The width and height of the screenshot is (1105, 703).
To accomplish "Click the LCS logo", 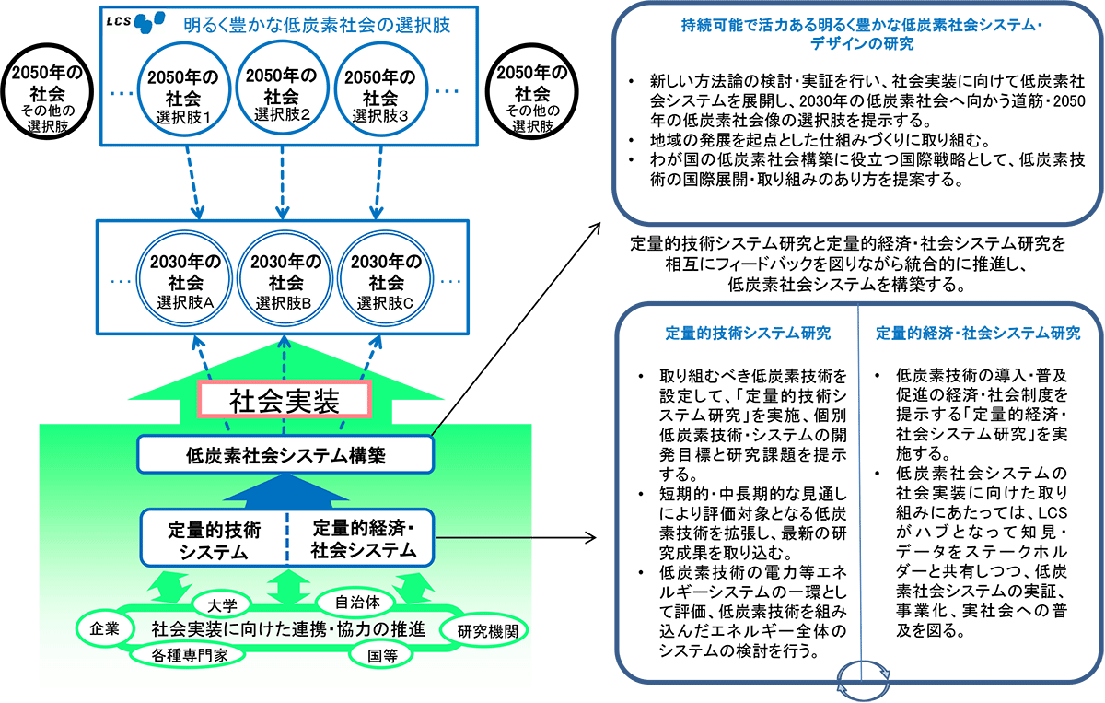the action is [x=135, y=22].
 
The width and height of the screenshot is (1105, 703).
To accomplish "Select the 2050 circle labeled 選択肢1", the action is [x=183, y=90].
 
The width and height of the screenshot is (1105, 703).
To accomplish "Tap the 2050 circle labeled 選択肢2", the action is [x=282, y=88].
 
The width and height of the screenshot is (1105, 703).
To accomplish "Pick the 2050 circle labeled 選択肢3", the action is [x=380, y=89].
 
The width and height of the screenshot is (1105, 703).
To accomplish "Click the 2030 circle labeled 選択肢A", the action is [x=184, y=278].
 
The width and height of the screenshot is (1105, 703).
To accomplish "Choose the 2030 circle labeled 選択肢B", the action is [x=285, y=278].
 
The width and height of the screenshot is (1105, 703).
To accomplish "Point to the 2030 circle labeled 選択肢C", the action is [x=385, y=278].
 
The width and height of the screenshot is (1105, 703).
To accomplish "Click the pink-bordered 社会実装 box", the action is [x=285, y=400].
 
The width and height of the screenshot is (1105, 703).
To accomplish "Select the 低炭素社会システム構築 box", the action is [x=285, y=454].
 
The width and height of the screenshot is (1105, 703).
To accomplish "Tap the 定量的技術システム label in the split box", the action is [x=214, y=541].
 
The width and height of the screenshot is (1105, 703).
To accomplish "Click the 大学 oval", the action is [x=222, y=604].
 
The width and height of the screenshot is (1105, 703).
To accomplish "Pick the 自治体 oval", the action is [x=356, y=603].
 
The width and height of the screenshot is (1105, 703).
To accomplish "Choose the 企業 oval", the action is [x=106, y=628].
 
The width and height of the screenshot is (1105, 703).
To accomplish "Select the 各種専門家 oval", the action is [x=189, y=655].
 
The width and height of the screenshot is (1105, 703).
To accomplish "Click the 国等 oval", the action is [x=381, y=655].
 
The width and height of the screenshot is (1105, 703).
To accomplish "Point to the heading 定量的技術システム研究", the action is [x=748, y=334].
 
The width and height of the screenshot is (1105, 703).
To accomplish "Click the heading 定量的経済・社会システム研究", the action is [x=978, y=334].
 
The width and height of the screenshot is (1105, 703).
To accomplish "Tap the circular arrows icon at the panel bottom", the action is [x=864, y=680].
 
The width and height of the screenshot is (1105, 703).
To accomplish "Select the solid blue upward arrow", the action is [x=285, y=491].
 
